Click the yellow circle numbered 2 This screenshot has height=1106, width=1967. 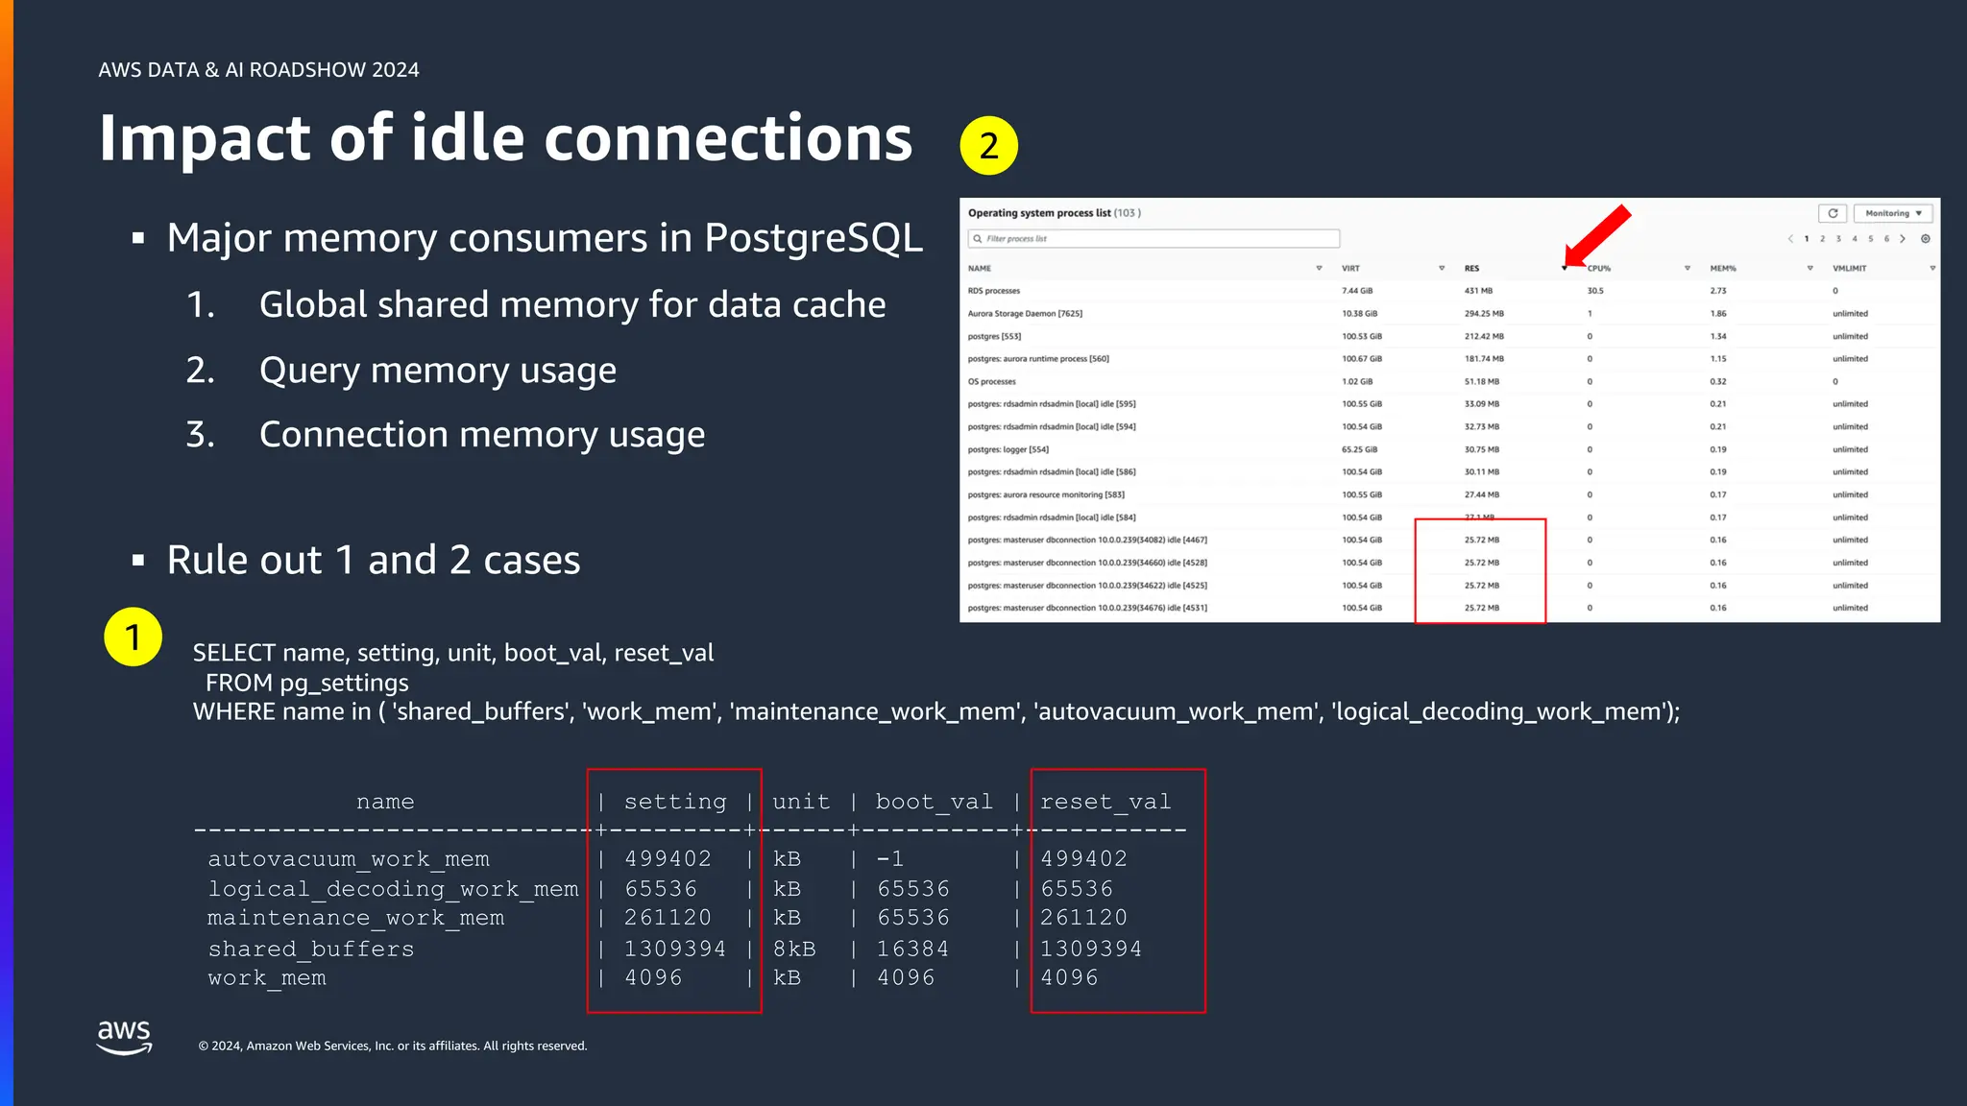click(x=988, y=146)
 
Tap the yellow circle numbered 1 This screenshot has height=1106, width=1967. click(x=133, y=637)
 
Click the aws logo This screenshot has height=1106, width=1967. click(x=124, y=1037)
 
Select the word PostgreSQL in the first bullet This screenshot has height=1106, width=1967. click(x=814, y=238)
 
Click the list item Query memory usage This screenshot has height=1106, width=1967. click(x=437, y=371)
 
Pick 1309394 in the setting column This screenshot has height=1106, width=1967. click(x=674, y=949)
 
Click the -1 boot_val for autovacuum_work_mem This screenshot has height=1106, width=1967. click(x=889, y=858)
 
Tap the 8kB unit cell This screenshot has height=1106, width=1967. click(x=794, y=949)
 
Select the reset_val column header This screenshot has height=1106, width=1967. click(x=1105, y=802)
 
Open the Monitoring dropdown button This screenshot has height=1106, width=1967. click(x=1892, y=213)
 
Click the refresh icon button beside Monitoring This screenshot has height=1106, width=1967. click(x=1832, y=213)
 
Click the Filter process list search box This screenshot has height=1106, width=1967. click(x=1153, y=238)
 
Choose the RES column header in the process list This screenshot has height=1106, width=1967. click(x=1471, y=269)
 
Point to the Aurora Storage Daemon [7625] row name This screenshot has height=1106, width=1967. click(x=1025, y=314)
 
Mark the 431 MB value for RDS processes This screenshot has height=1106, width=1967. click(x=1478, y=291)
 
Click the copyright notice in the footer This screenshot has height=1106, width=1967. click(x=392, y=1046)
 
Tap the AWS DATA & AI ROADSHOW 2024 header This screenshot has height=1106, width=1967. click(x=258, y=70)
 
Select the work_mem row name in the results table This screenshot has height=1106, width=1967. click(x=267, y=978)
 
